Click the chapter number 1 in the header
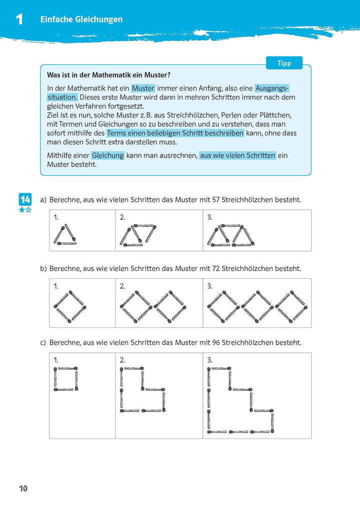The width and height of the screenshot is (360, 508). pyautogui.click(x=19, y=19)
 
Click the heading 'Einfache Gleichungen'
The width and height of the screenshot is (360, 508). pyautogui.click(x=81, y=19)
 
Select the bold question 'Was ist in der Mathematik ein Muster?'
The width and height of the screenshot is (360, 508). pyautogui.click(x=108, y=75)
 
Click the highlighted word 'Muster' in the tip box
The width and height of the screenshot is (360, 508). pyautogui.click(x=143, y=88)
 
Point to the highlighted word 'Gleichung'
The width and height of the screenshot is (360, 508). pyautogui.click(x=107, y=155)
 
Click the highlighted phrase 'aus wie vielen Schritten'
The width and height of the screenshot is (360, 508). pyautogui.click(x=237, y=155)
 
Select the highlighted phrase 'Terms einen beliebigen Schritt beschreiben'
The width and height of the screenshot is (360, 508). pyautogui.click(x=175, y=133)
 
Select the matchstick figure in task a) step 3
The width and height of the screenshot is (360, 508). pyautogui.click(x=231, y=235)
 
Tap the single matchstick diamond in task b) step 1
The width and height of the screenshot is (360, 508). pyautogui.click(x=69, y=306)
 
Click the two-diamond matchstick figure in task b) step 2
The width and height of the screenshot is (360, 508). pyautogui.click(x=152, y=306)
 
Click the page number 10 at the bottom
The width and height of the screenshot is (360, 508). pyautogui.click(x=23, y=488)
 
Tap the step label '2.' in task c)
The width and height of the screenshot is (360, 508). pyautogui.click(x=122, y=360)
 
